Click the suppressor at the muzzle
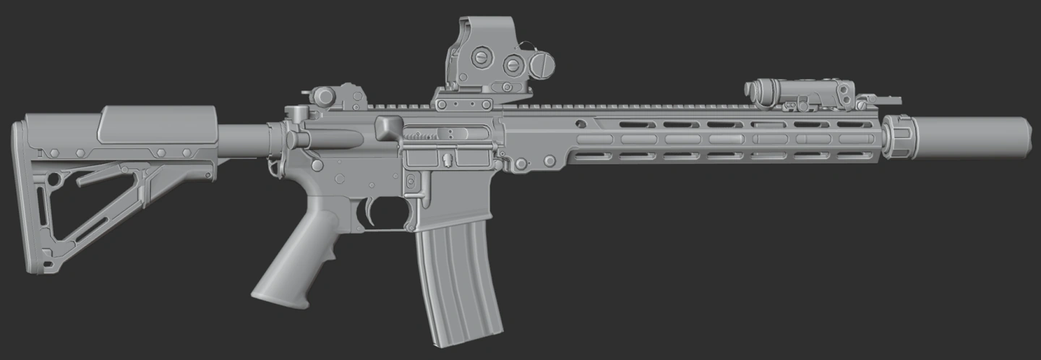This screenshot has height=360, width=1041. click(x=972, y=137)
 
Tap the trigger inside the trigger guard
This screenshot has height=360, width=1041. click(x=370, y=209)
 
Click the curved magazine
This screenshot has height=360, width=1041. click(x=458, y=282)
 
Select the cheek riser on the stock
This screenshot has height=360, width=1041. click(x=158, y=124)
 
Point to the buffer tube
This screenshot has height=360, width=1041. click(x=243, y=139)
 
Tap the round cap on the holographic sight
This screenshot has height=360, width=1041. click(x=541, y=66)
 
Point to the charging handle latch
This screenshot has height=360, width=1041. click(x=296, y=113)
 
